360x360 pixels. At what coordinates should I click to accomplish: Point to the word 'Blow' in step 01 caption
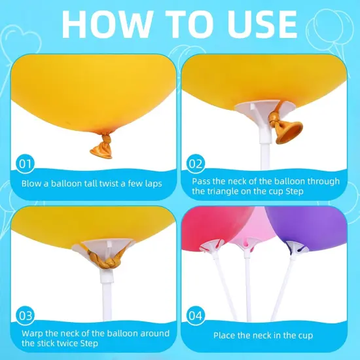pos(33,184)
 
